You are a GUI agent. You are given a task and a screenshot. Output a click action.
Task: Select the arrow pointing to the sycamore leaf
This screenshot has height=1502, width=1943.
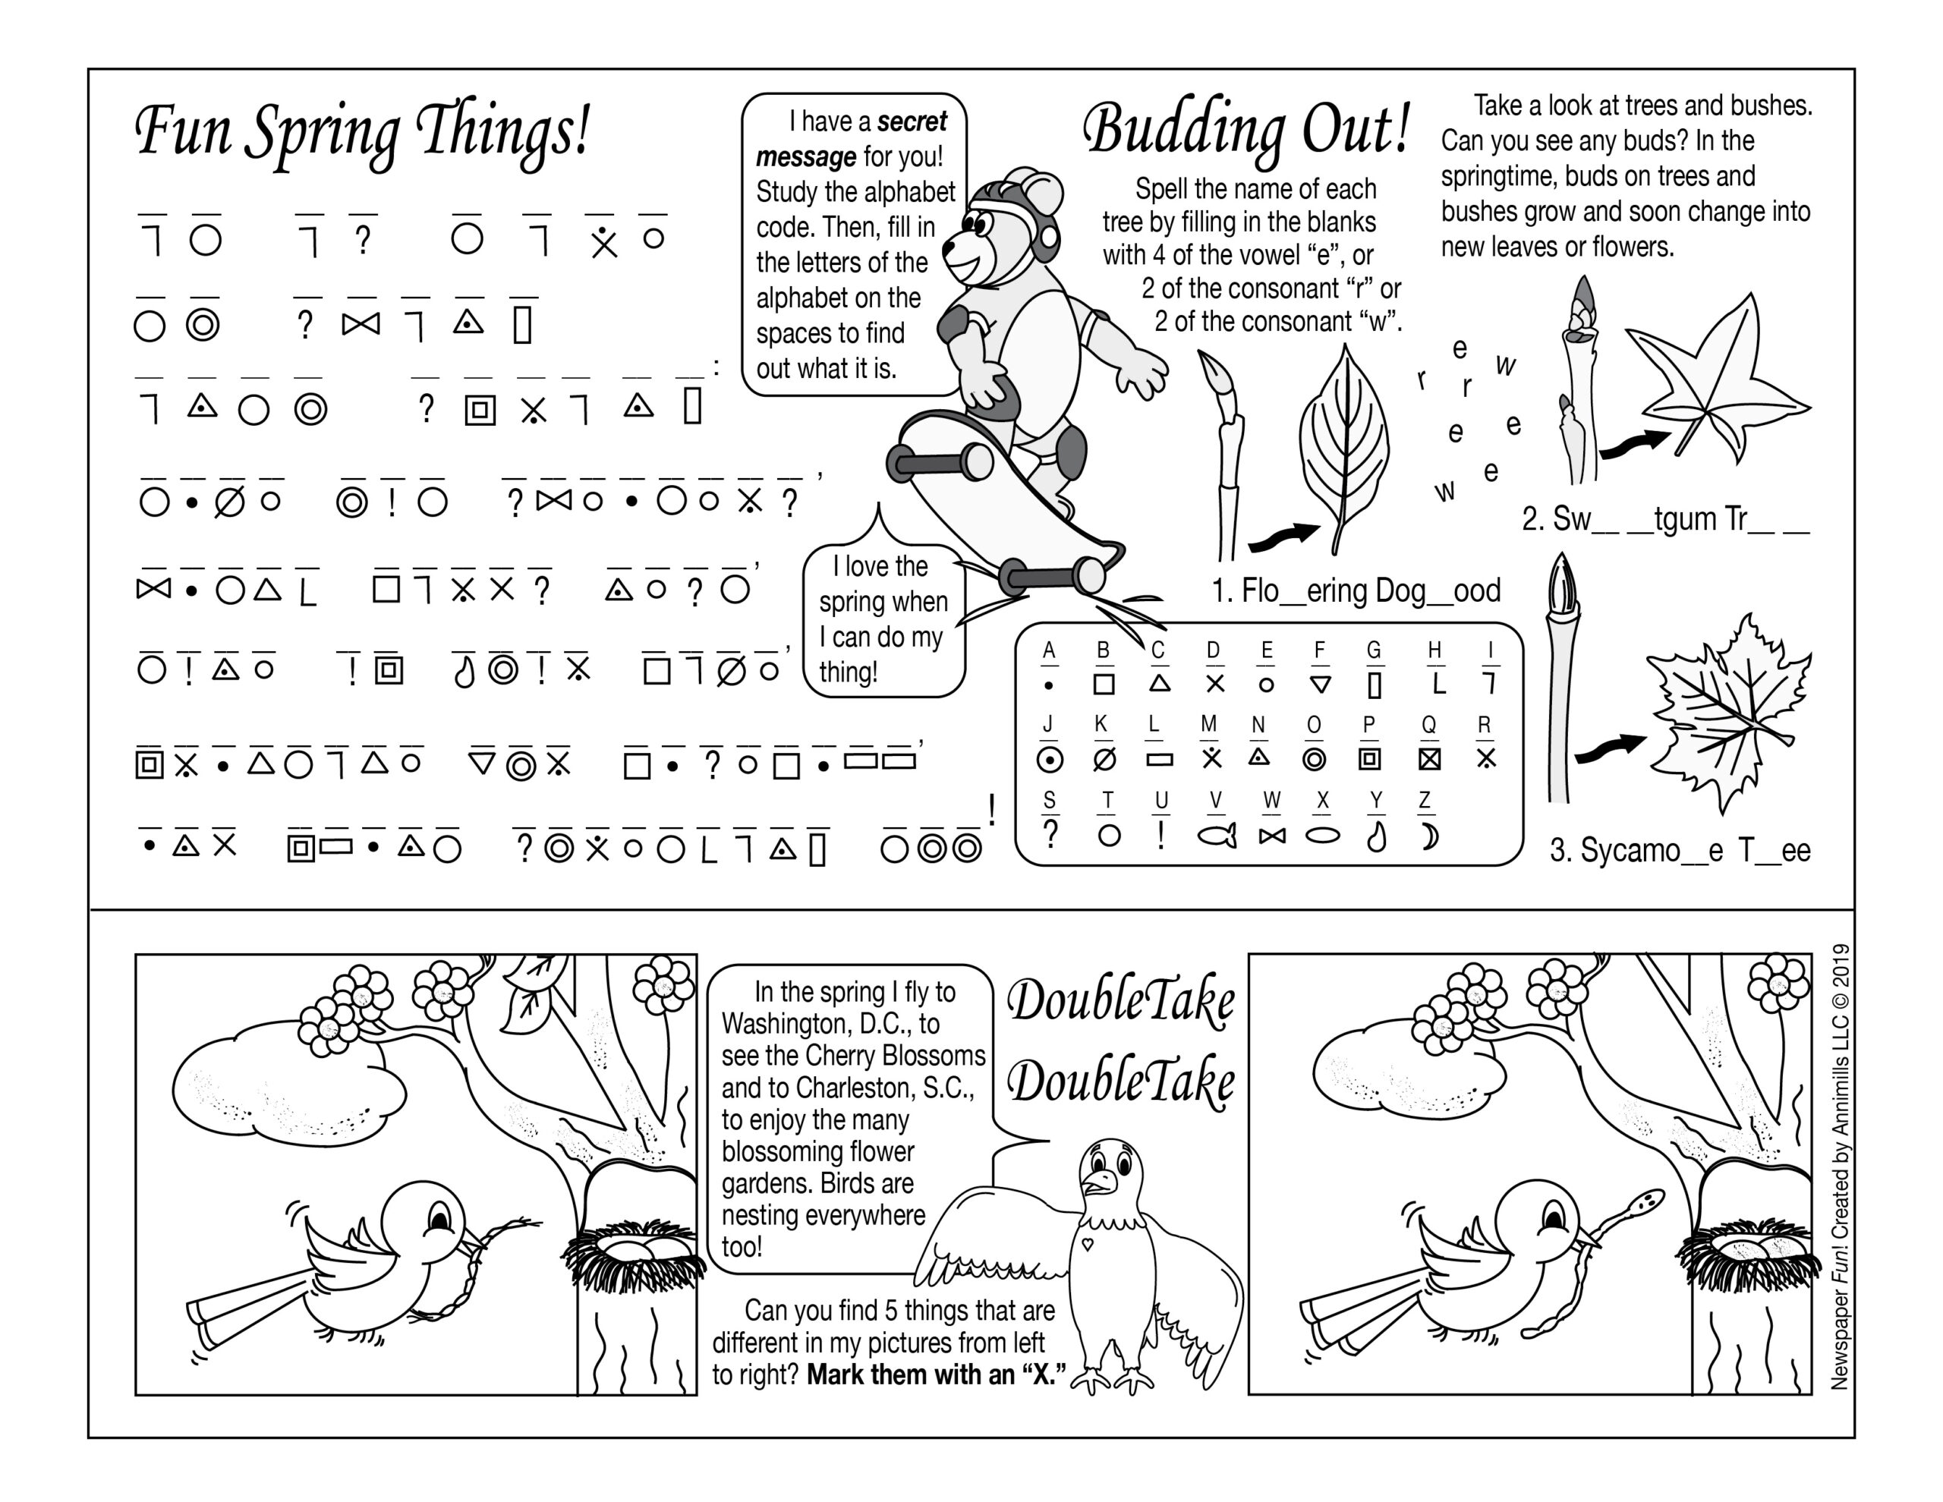pos(1611,749)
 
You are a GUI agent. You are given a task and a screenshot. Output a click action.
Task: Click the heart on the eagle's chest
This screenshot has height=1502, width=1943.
pos(1087,1244)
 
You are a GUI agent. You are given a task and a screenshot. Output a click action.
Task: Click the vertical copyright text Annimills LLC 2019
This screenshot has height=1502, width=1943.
pos(1840,1166)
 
